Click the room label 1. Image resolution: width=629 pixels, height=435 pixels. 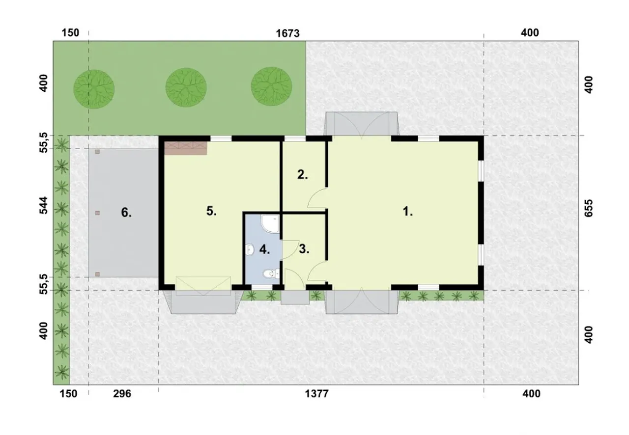tap(408, 212)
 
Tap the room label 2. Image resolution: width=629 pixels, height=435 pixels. tap(302, 175)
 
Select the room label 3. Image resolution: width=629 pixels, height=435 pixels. tap(304, 249)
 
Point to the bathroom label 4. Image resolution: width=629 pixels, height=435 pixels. tap(264, 249)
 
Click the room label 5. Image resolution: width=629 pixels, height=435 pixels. tap(211, 211)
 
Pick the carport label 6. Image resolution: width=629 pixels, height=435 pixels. tap(126, 213)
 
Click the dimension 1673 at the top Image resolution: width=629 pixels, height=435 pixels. tap(287, 33)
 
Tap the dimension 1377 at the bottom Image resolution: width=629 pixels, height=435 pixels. tap(317, 394)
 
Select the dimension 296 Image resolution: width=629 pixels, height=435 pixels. tap(122, 394)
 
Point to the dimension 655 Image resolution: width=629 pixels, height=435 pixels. tap(589, 208)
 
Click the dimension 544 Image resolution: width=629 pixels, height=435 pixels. tap(43, 205)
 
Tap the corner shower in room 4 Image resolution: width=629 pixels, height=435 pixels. tap(270, 224)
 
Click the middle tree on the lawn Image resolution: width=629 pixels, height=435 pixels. tap(186, 87)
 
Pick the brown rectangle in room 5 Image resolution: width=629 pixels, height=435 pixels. tap(186, 148)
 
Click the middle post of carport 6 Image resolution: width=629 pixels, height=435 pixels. tap(97, 213)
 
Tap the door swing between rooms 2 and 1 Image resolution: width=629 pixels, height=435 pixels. tap(317, 198)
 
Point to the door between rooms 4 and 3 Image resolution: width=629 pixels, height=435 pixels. tap(290, 250)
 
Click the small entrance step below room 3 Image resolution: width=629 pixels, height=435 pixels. tap(295, 298)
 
